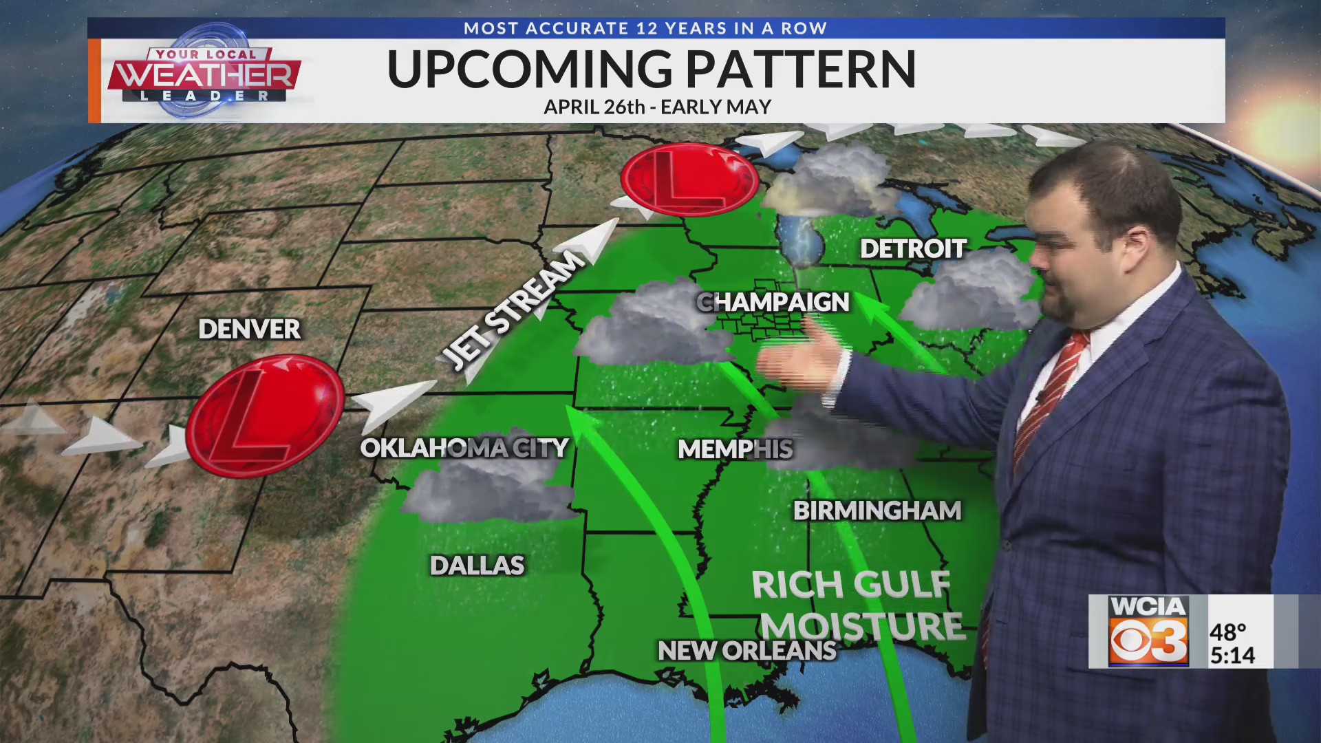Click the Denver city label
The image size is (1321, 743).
[249, 329]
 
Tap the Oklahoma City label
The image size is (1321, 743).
[464, 448]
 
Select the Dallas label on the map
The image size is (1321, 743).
[477, 566]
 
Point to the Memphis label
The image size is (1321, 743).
[735, 449]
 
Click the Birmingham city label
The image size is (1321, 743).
[877, 510]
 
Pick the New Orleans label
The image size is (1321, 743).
[747, 650]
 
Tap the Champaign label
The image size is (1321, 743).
[773, 302]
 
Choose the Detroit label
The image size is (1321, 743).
[913, 249]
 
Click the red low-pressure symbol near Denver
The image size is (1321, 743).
[265, 415]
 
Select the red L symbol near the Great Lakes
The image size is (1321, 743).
[689, 180]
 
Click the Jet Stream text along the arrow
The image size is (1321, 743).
[513, 310]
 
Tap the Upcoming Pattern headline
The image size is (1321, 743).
[651, 69]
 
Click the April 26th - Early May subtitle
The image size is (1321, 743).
[657, 107]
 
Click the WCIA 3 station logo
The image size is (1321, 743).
[1148, 631]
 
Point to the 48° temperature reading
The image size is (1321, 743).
[1228, 632]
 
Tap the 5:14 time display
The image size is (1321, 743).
[1232, 655]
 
